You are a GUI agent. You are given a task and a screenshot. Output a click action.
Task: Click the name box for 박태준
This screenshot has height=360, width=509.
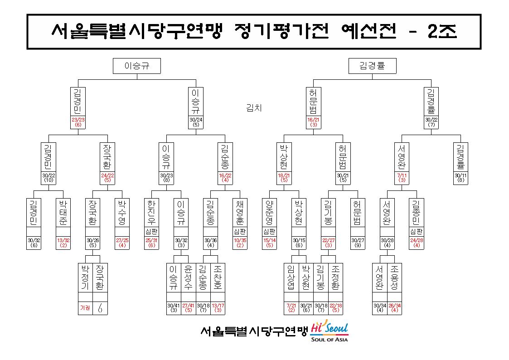63,213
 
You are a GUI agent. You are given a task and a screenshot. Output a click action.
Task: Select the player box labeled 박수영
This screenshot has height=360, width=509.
122,213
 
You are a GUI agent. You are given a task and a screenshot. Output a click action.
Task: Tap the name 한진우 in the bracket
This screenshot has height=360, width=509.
151,213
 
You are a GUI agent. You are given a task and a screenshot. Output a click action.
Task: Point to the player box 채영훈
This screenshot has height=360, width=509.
240,213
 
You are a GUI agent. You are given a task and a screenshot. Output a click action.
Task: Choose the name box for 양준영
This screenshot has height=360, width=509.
269,213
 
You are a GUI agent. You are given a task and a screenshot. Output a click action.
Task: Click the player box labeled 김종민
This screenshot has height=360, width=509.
417,213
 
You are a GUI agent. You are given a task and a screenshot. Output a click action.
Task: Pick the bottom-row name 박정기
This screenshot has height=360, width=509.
85,277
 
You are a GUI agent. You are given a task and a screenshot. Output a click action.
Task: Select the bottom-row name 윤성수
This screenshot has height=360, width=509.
188,277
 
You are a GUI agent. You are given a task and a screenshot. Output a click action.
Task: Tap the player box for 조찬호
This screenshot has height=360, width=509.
218,277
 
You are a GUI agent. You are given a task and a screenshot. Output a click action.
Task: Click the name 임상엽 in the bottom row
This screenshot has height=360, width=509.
291,277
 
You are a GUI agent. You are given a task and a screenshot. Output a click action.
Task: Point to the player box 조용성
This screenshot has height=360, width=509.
394,277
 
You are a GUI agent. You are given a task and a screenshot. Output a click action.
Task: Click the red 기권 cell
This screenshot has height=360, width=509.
85,308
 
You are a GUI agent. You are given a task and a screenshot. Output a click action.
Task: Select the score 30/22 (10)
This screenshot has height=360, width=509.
48,178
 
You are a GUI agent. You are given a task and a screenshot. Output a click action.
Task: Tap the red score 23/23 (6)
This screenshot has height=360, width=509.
78,122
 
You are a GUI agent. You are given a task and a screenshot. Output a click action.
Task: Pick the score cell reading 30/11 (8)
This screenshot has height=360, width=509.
461,178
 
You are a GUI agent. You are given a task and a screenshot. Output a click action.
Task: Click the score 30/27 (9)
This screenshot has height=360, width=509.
358,243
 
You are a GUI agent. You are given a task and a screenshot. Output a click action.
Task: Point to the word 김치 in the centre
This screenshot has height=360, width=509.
254,108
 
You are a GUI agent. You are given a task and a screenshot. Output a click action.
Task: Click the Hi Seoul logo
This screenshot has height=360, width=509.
330,331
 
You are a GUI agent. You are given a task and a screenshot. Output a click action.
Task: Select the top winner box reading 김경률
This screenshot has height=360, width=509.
372,66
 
